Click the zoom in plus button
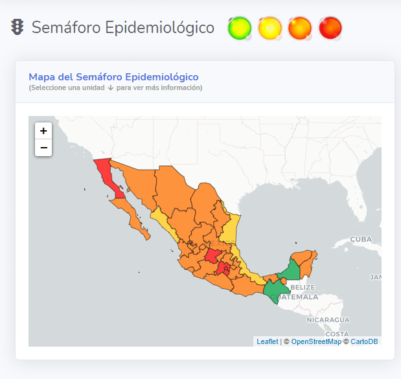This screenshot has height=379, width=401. [43, 131]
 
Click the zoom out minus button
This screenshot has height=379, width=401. [43, 148]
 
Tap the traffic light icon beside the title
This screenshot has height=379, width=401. [17, 27]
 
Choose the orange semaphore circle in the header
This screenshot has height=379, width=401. [299, 28]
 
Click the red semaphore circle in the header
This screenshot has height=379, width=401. [330, 28]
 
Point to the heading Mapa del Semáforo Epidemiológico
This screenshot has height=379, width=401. [113, 77]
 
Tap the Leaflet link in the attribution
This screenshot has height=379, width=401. [267, 341]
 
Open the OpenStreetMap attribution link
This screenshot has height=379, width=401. [315, 341]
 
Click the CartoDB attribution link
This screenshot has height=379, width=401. [364, 341]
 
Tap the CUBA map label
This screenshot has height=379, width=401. [361, 238]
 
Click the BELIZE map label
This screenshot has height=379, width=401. [303, 287]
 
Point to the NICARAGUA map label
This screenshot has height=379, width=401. [328, 320]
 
